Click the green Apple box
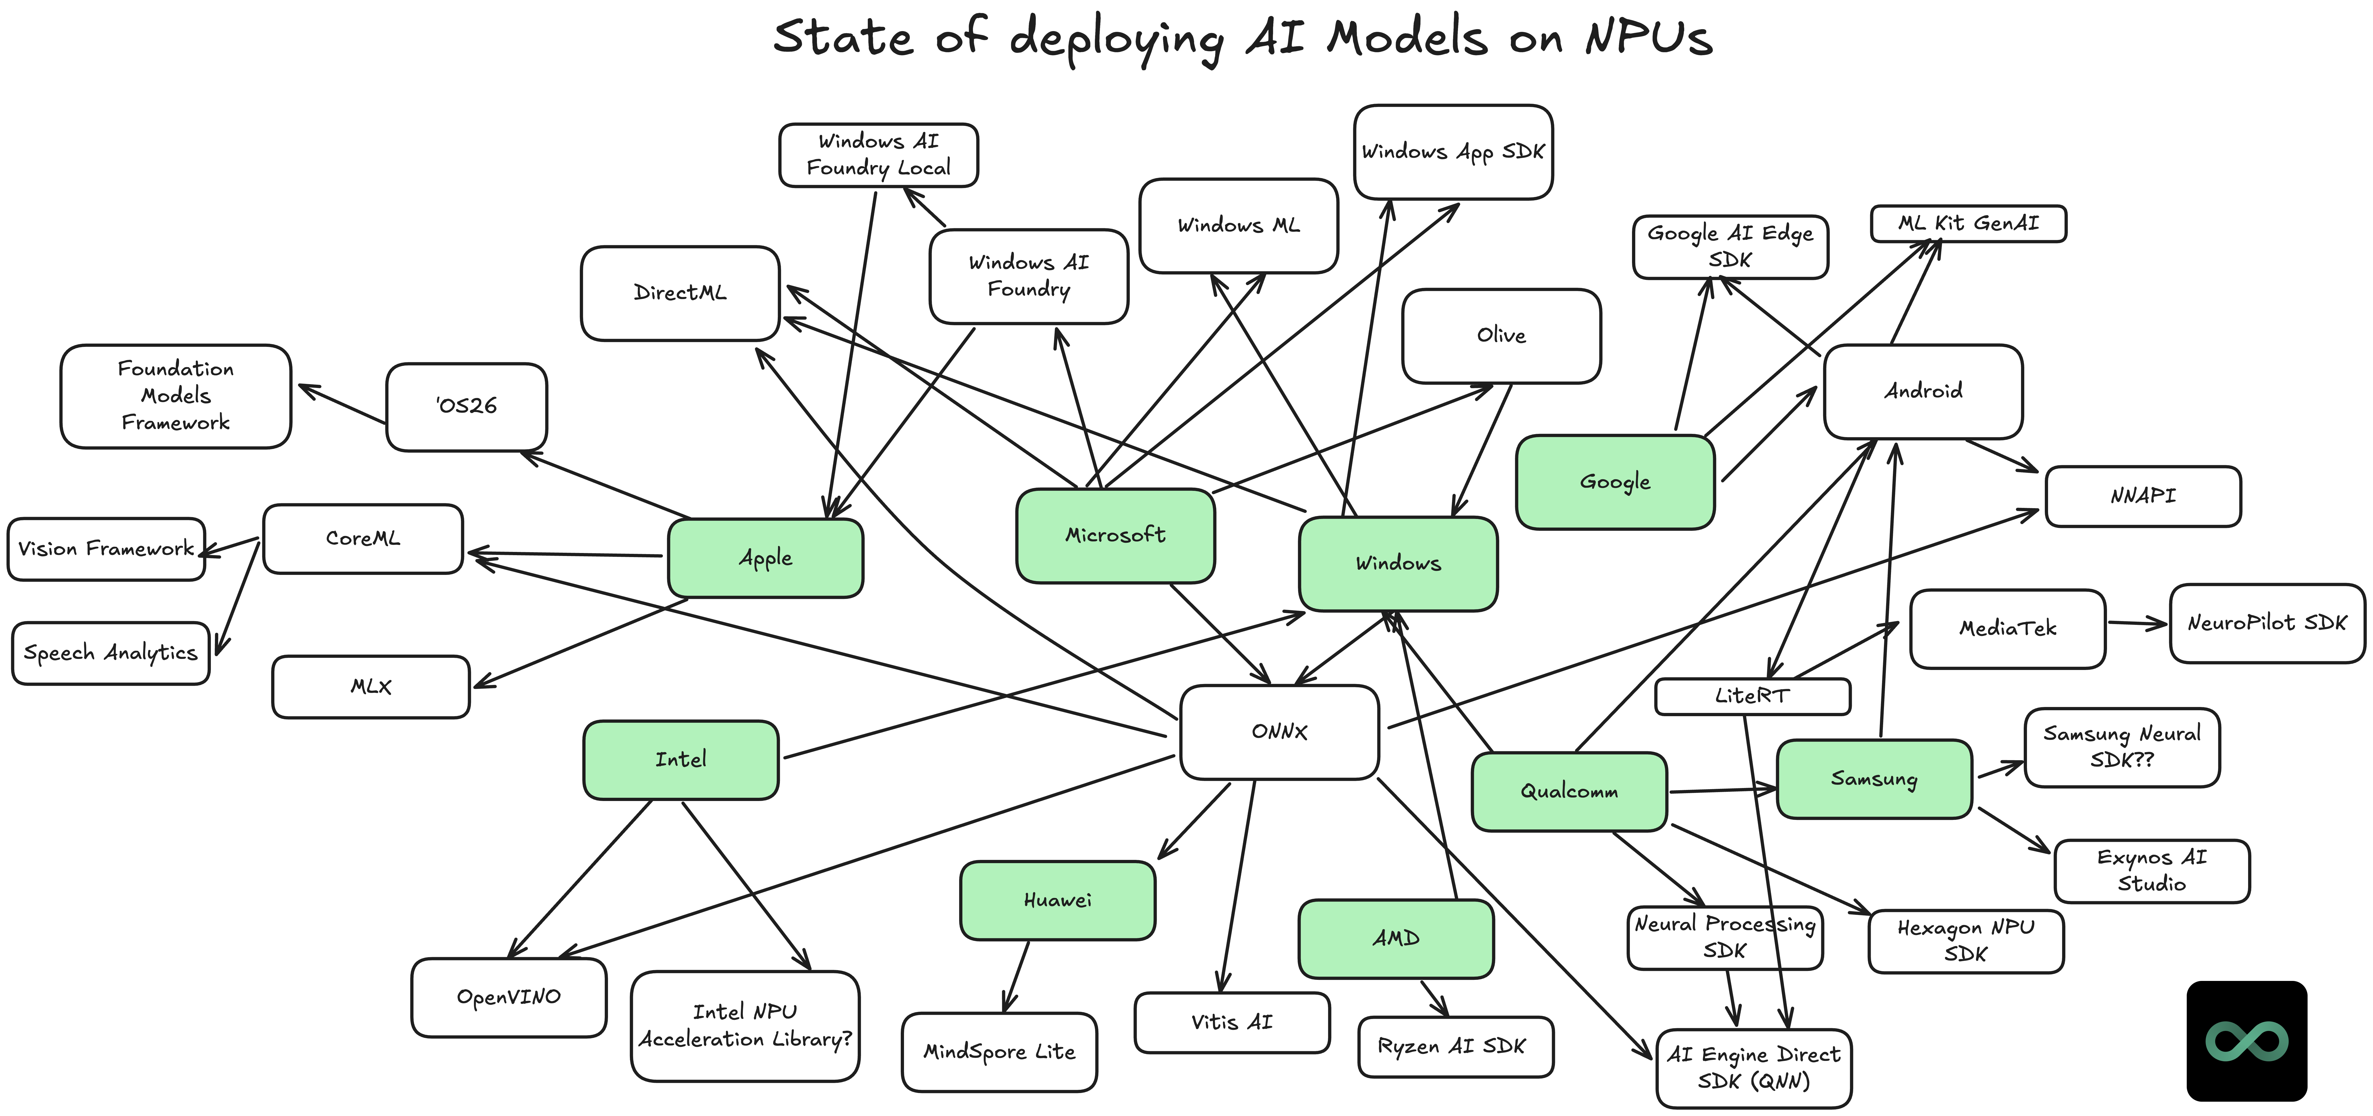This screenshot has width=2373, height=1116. click(x=765, y=558)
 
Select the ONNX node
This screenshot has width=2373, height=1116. click(x=1279, y=732)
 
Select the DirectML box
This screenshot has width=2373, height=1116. click(x=680, y=293)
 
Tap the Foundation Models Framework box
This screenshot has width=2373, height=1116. click(x=175, y=396)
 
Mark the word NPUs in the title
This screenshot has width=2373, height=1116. click(x=1649, y=39)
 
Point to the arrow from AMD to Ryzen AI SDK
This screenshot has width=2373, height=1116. click(x=1434, y=997)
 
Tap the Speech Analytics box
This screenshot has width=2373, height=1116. click(x=111, y=653)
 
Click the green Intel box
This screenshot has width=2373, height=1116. click(x=681, y=760)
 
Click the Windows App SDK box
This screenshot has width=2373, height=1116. click(x=1453, y=152)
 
